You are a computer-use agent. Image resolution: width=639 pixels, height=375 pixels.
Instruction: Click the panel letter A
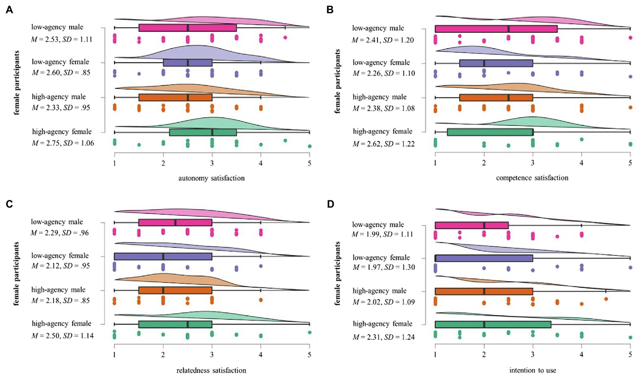tap(9, 10)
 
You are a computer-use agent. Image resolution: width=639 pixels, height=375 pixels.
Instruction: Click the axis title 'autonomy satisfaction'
tap(211, 178)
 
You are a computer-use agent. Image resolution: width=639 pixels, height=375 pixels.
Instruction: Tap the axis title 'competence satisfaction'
tap(532, 178)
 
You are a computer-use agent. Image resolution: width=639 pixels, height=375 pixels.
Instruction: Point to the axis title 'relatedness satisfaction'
tap(211, 370)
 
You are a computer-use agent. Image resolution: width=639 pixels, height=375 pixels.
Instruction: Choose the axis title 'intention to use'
tap(532, 370)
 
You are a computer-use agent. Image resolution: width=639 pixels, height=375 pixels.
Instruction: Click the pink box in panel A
tap(187, 28)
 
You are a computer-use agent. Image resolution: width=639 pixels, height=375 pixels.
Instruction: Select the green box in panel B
tap(484, 132)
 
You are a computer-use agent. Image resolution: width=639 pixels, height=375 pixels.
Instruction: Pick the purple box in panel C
tap(163, 257)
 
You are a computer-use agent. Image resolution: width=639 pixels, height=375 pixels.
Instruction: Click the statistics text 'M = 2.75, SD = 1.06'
tap(63, 143)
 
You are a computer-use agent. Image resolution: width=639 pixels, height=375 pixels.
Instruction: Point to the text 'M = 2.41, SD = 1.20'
tap(383, 40)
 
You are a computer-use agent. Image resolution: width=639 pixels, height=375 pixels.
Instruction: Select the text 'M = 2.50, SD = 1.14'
tap(62, 335)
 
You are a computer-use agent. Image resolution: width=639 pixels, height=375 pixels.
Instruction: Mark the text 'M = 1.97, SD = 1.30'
tap(383, 267)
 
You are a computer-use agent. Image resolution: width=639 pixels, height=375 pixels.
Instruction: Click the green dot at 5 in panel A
tap(309, 146)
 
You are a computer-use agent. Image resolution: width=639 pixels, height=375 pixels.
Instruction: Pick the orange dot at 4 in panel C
tap(261, 300)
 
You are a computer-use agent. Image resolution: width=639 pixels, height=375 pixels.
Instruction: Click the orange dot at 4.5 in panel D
tap(606, 299)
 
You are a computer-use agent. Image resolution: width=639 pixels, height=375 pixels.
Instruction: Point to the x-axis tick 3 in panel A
tap(212, 164)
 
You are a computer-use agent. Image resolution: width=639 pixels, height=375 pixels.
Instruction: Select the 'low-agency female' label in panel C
tap(60, 255)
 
